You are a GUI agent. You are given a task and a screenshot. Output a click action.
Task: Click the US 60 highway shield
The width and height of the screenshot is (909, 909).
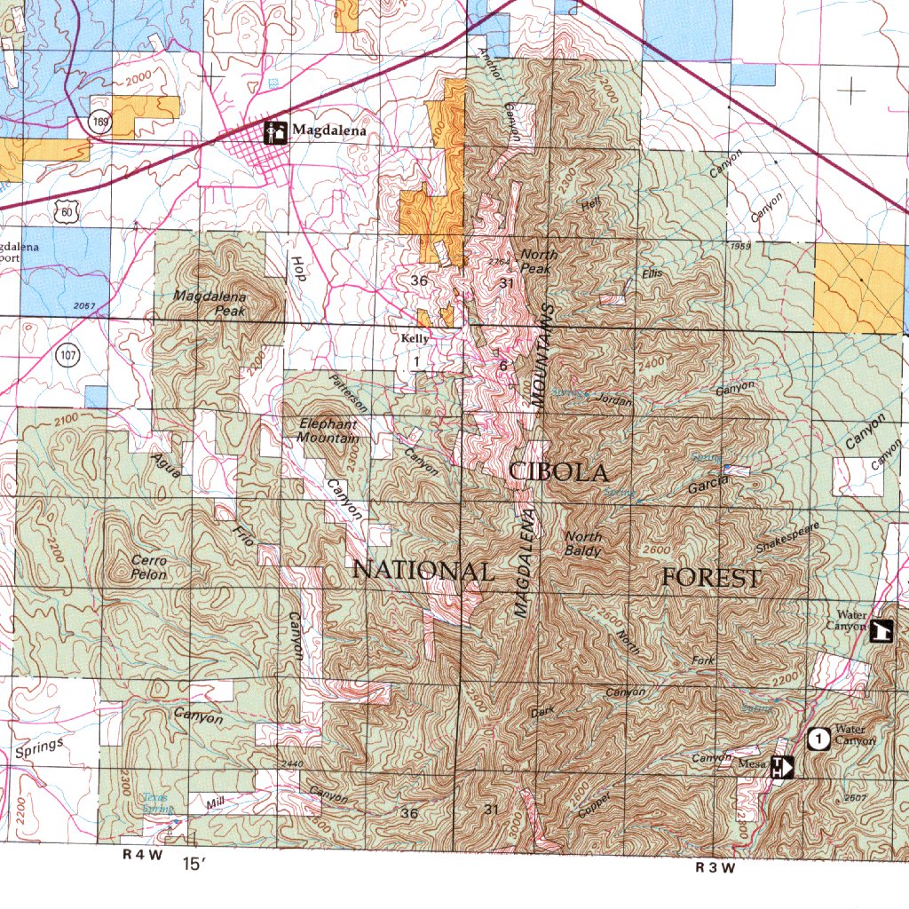click(62, 210)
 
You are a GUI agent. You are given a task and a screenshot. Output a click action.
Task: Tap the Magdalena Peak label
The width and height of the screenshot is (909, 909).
click(210, 304)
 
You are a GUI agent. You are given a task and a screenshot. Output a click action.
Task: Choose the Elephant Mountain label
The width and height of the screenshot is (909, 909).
click(328, 431)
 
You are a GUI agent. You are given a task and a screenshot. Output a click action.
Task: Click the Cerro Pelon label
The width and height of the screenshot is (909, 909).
click(148, 567)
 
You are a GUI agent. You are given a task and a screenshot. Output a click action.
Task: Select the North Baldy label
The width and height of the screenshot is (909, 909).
click(583, 543)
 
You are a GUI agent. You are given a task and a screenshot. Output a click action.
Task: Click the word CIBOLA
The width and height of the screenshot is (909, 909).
click(558, 472)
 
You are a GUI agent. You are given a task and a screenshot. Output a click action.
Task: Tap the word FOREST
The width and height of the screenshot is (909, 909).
click(711, 579)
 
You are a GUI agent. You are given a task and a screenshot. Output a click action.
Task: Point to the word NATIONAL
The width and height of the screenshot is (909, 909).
click(423, 571)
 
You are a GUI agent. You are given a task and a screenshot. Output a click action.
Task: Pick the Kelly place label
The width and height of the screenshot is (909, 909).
click(415, 339)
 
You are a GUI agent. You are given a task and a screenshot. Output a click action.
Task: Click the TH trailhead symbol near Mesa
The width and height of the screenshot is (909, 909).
click(781, 766)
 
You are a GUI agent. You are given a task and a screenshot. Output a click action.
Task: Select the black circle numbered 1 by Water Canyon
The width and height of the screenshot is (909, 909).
click(819, 738)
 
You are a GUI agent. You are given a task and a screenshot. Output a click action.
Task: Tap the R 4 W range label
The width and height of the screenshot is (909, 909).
click(143, 856)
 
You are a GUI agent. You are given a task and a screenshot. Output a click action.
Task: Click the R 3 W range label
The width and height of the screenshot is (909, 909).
click(715, 867)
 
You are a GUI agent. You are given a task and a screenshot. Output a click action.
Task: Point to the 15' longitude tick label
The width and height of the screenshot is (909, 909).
click(193, 862)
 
